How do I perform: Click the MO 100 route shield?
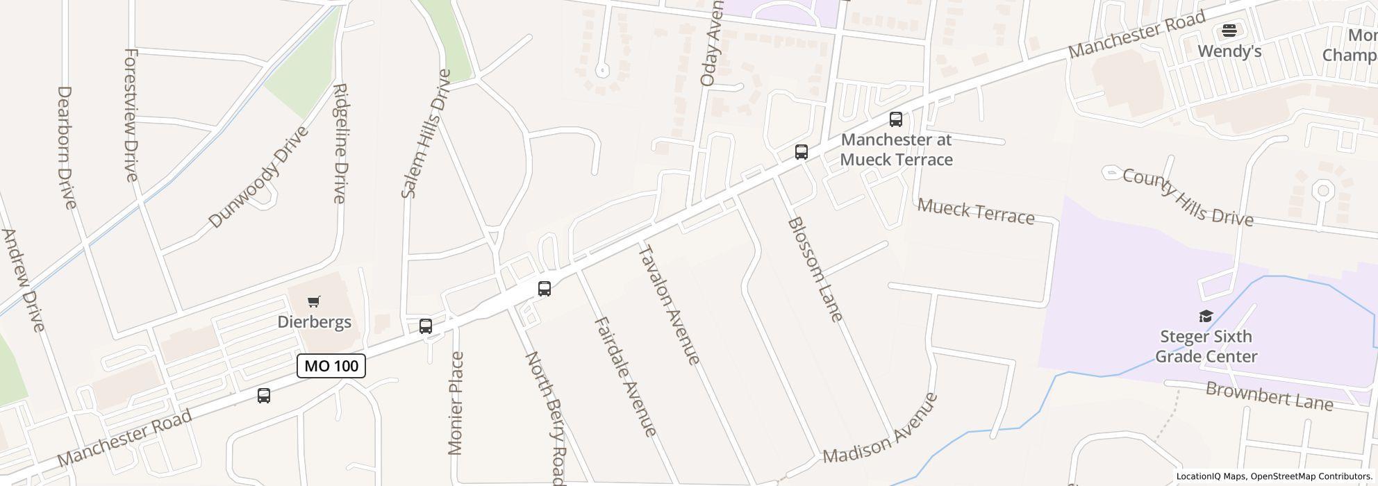[331, 366]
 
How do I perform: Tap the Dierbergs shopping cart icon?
[314, 301]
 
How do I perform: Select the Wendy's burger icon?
[1229, 31]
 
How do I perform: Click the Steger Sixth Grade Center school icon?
[1206, 317]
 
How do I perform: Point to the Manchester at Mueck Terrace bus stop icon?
[896, 119]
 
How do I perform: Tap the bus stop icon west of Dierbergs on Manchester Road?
[264, 396]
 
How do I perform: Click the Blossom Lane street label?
[815, 269]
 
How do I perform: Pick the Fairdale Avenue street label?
[626, 377]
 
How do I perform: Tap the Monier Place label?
[456, 403]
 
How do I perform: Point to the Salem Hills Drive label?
[426, 133]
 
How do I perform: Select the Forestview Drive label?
[131, 115]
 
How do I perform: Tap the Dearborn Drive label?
[65, 147]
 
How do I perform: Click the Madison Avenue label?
[880, 428]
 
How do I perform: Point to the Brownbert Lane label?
[1270, 396]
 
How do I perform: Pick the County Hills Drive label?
[1188, 198]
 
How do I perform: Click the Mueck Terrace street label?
[976, 211]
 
